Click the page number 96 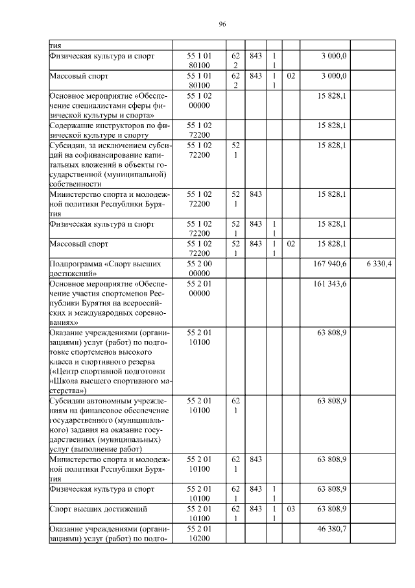(x=222, y=23)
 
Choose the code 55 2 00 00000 (x=199, y=268)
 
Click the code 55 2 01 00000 (x=199, y=289)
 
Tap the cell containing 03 (x=290, y=509)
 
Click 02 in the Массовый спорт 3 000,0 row (x=290, y=76)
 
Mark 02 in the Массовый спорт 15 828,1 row (x=290, y=244)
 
